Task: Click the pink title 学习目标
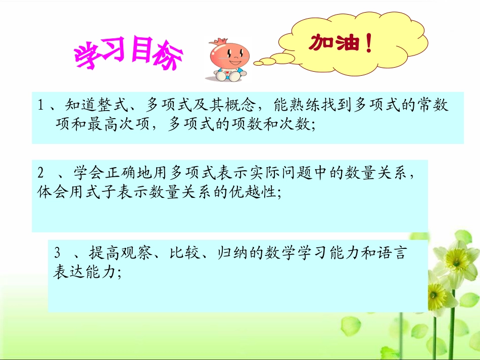(128, 55)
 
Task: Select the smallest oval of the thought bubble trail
(258, 63)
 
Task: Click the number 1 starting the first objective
(41, 105)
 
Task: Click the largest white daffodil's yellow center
(460, 261)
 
